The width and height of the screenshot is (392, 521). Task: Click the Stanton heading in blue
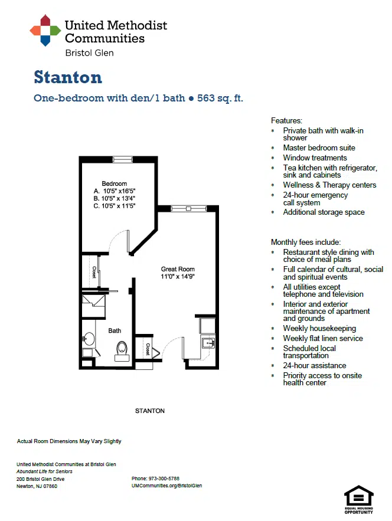pos(68,77)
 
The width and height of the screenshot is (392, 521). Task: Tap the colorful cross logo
pos(45,30)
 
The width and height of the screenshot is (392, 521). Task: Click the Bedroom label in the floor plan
pos(115,184)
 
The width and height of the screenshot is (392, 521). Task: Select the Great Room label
pos(178,269)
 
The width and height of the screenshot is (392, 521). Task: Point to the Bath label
pos(115,330)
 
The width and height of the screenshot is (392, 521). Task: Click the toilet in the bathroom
pos(122,350)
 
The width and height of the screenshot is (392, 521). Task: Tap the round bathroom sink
pos(89,339)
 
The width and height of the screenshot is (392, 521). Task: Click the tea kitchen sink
pos(208,343)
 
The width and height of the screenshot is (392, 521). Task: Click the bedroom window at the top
pos(123,160)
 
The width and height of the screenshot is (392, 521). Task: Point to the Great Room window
pos(188,209)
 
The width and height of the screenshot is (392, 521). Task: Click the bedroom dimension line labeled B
pos(115,198)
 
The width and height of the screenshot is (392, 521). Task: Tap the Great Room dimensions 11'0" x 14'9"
pos(178,277)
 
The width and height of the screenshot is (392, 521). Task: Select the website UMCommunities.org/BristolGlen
pos(167,486)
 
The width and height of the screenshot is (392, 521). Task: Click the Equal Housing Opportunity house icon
pos(359,496)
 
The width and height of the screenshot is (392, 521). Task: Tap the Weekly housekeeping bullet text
pos(319,328)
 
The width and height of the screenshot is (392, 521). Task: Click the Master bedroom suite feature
pos(319,148)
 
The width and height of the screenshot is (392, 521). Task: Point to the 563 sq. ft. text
pos(220,99)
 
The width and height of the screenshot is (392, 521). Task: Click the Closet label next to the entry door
pos(148,349)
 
